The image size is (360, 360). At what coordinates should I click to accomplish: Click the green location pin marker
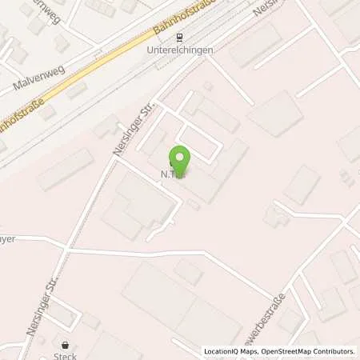180,160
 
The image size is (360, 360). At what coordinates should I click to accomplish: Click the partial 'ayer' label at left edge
8,238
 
